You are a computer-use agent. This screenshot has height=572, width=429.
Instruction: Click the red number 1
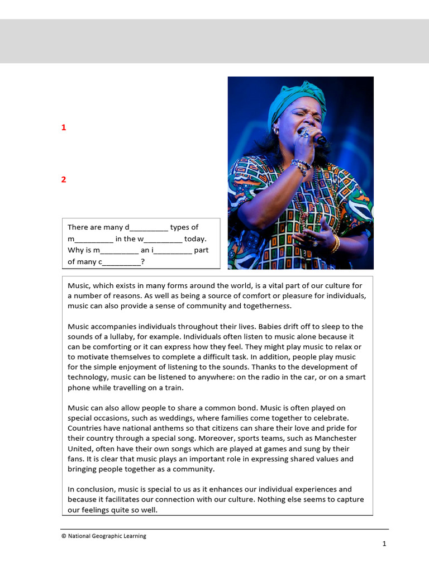coord(64,127)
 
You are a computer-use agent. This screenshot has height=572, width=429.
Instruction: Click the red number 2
coord(64,179)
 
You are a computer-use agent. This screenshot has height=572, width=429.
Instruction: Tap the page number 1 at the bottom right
coord(384,544)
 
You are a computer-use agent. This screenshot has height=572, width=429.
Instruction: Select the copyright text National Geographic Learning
coord(104,536)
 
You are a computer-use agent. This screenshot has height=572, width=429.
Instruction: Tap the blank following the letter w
coord(163,240)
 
